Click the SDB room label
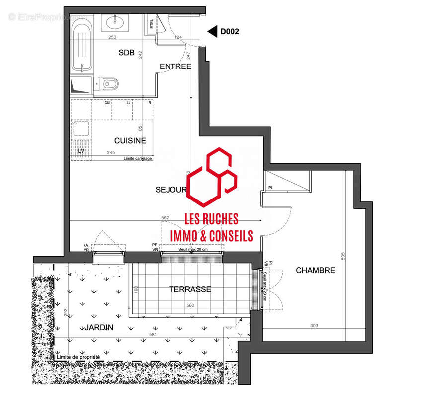127,53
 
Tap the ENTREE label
175,66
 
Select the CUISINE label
130,140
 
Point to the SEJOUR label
170,189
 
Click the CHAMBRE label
315,270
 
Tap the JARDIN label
99,327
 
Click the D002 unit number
230,32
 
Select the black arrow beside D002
212,32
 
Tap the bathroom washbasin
118,21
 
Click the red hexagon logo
211,177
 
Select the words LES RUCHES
211,218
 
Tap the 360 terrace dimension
190,306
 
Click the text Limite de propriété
79,357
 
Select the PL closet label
271,188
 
